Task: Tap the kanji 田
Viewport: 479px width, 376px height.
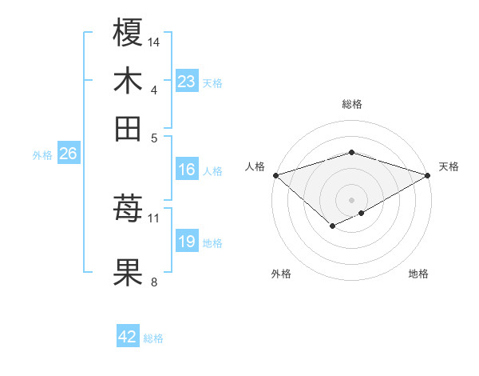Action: coord(129,127)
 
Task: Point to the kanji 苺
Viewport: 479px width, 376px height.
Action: coord(129,210)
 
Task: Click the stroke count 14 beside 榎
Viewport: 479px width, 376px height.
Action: coord(154,41)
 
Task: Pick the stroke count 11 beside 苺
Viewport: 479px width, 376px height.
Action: coord(154,218)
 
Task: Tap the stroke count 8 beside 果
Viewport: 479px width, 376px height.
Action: coord(153,281)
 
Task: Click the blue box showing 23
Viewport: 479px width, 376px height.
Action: coord(187,82)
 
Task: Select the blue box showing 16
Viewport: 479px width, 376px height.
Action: coord(187,170)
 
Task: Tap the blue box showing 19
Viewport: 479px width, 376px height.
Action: coord(187,242)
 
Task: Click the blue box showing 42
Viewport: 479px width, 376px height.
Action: coord(128,337)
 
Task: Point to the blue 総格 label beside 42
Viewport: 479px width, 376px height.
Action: coord(153,338)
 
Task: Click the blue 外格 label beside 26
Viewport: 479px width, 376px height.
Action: coord(42,156)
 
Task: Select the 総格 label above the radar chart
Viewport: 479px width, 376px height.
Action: coord(351,104)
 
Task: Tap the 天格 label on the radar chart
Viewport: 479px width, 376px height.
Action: coord(449,166)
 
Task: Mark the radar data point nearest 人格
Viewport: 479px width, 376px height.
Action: coord(275,175)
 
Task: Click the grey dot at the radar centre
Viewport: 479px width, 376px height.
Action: coord(351,199)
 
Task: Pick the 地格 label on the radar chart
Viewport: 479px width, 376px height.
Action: coord(418,274)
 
